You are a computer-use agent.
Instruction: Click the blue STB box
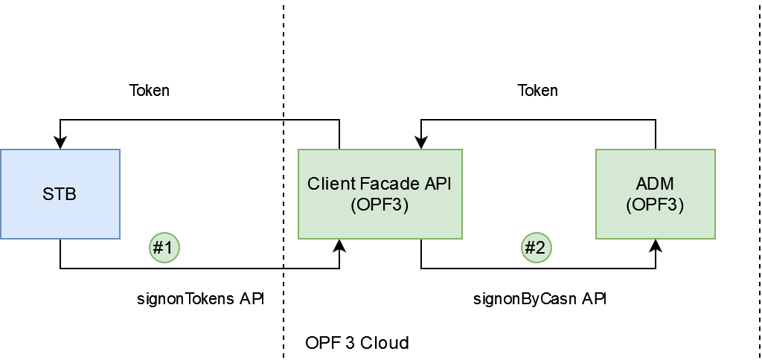coord(60,194)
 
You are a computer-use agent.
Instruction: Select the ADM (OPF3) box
coord(655,194)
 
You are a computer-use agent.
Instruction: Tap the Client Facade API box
coord(380,194)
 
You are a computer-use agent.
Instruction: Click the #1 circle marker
coord(164,247)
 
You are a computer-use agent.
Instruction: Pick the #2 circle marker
coord(536,247)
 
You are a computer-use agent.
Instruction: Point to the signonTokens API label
coord(201,299)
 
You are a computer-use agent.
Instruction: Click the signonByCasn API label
coord(540,299)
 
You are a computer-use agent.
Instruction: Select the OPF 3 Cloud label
coord(357,344)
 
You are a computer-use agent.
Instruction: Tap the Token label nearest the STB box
coord(150,91)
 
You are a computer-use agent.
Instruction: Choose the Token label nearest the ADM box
coord(538,91)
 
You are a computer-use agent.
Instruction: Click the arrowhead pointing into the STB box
coord(60,143)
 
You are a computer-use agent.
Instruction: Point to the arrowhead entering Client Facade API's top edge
coord(421,143)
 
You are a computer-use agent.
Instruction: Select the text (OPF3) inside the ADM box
coord(655,205)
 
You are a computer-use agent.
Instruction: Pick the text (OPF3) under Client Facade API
coord(380,205)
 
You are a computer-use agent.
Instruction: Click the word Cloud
coord(390,344)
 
